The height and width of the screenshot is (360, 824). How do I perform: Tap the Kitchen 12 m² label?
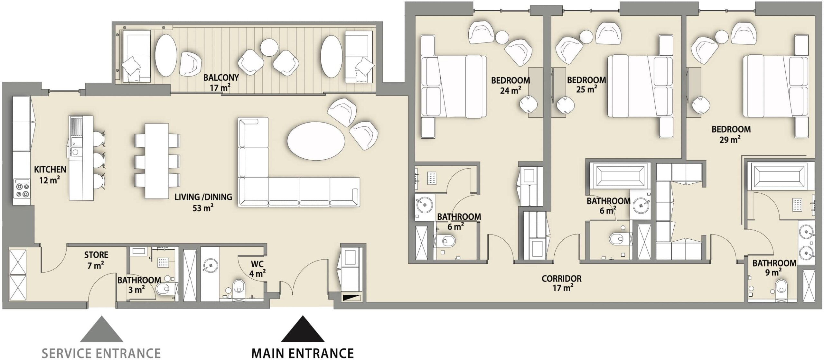tap(50, 175)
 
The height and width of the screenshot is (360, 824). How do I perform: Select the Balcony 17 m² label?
tap(221, 83)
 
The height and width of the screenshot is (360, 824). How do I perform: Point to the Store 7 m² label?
tap(96, 260)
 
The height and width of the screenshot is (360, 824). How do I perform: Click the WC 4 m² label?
tap(257, 269)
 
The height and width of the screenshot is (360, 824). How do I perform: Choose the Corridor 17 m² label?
tap(562, 283)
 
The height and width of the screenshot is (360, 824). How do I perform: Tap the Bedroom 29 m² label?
tap(731, 134)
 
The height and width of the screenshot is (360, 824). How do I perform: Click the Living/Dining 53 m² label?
tap(203, 202)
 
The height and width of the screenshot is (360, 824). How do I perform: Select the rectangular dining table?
tap(157, 161)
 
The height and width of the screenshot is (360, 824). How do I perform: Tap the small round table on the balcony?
tap(269, 48)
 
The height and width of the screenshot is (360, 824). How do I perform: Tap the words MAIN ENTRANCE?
tap(302, 353)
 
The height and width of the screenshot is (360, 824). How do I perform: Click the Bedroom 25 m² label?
tap(586, 84)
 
